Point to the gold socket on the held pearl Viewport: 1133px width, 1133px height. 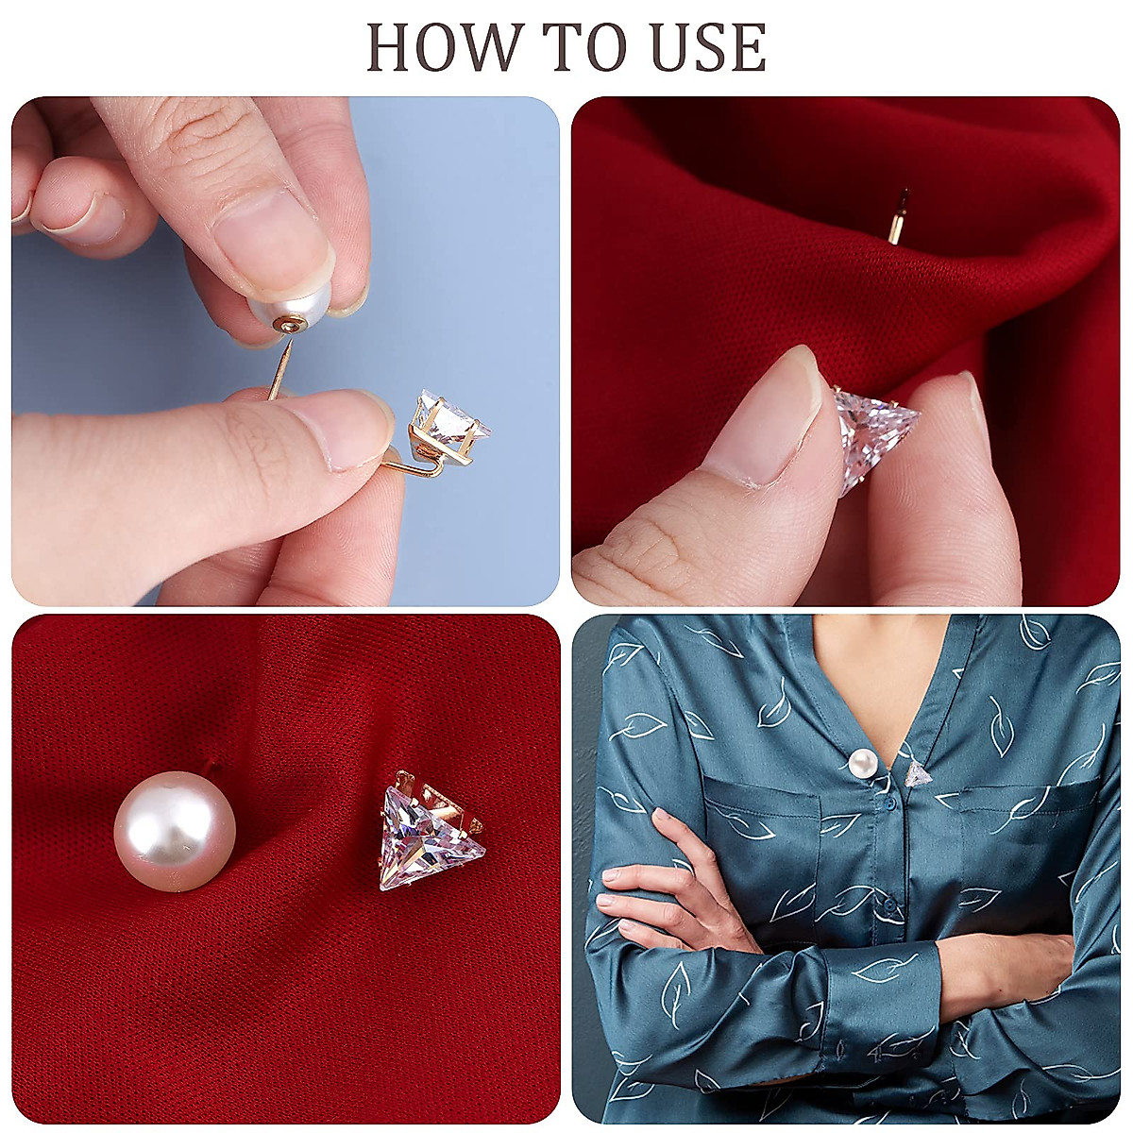(286, 325)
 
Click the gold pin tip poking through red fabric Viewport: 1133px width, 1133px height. (898, 218)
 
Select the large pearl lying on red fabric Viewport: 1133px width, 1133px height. (175, 831)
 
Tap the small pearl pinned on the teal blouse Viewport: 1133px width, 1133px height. (859, 761)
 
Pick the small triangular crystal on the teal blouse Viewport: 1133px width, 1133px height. (918, 775)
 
